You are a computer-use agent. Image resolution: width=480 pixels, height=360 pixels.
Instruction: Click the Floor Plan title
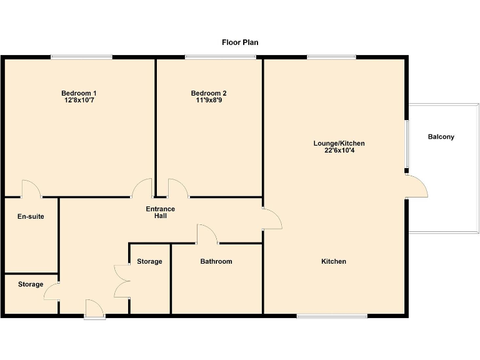click(x=240, y=42)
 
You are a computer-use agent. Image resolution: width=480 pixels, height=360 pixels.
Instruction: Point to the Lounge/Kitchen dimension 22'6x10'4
click(x=339, y=151)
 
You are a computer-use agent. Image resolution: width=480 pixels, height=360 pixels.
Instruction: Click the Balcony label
click(x=441, y=137)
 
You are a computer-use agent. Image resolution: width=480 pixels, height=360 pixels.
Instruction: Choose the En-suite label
click(x=31, y=217)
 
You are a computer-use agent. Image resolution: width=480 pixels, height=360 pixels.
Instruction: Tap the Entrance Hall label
click(x=161, y=212)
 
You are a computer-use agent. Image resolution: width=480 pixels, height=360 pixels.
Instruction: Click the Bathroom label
click(x=216, y=261)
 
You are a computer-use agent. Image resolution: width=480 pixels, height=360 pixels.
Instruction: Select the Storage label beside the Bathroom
click(x=149, y=261)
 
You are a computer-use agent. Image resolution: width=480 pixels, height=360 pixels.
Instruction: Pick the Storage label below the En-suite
click(x=31, y=284)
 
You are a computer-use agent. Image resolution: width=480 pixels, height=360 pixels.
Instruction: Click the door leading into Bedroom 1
click(x=143, y=188)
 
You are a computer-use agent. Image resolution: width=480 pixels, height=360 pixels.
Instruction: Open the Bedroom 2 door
click(x=177, y=188)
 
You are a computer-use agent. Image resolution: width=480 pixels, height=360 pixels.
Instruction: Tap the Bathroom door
click(x=207, y=234)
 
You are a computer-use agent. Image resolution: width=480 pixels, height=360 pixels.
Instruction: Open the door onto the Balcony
click(x=416, y=187)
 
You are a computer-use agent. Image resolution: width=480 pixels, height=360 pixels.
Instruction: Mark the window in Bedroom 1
click(x=82, y=57)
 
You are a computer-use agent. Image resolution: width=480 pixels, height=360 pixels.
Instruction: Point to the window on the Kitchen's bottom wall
click(x=332, y=316)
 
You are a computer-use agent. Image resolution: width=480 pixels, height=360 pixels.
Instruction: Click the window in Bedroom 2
click(x=220, y=57)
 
